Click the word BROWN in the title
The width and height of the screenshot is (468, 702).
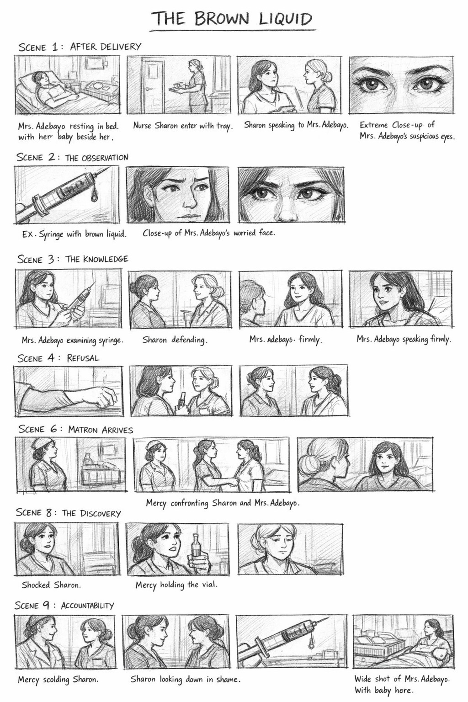(x=221, y=19)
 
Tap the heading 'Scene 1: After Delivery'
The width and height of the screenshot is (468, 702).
(x=80, y=47)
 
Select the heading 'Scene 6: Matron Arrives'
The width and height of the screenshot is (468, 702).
(x=75, y=429)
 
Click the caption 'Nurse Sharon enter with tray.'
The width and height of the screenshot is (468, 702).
(x=183, y=126)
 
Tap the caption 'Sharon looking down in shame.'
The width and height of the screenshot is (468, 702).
(x=186, y=679)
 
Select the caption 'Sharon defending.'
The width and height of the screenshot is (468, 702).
(x=175, y=340)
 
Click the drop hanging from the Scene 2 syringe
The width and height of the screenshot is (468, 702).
(x=94, y=197)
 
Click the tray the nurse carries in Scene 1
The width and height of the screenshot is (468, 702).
(x=180, y=88)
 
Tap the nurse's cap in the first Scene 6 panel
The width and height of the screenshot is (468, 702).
(x=42, y=443)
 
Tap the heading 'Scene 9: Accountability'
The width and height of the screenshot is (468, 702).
(x=64, y=606)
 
